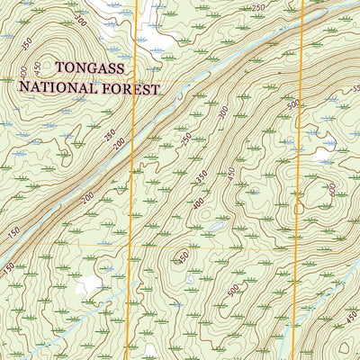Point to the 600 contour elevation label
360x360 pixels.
(332, 189)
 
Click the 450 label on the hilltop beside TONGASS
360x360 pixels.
(37, 67)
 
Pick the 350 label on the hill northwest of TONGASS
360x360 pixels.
(26, 42)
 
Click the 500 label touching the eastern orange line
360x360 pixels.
(292, 103)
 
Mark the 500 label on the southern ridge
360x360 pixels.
(233, 290)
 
